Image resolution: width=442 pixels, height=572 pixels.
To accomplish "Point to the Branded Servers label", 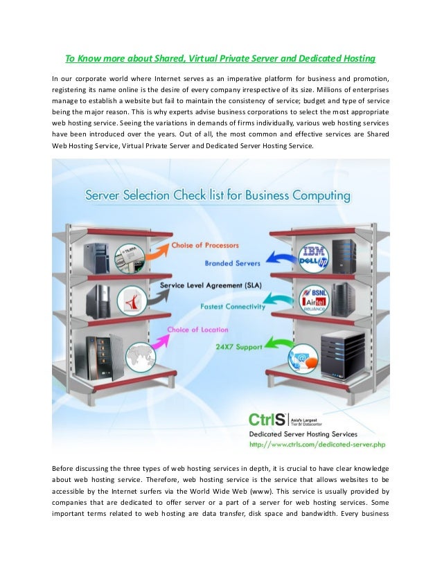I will [x=232, y=262].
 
